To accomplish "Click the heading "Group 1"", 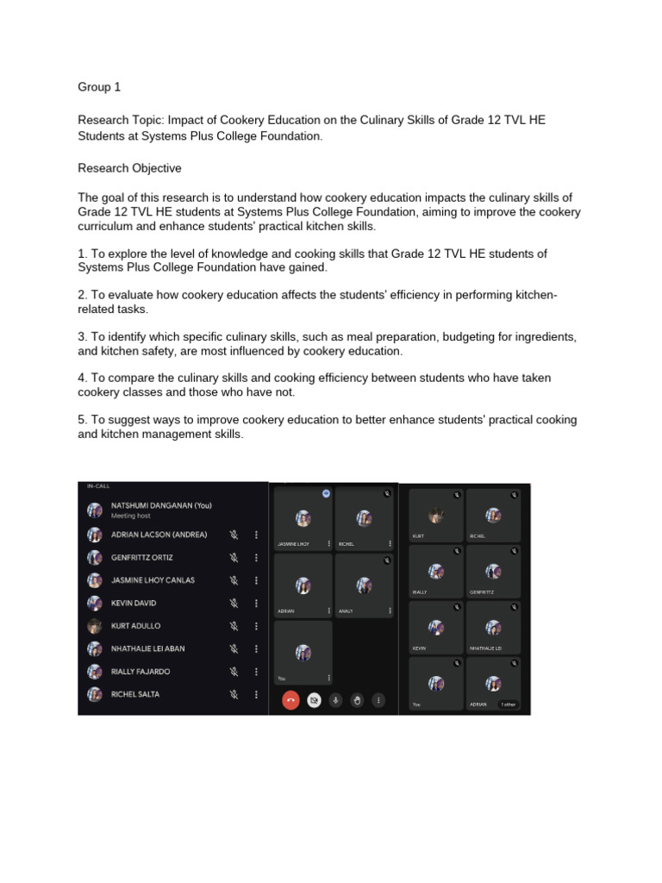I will (94, 87).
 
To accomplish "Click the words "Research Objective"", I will (129, 168).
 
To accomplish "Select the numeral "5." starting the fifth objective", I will (84, 419).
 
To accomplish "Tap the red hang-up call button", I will (290, 700).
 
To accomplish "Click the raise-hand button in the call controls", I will (357, 700).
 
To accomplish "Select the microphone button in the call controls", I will (335, 700).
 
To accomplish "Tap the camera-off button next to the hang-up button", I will (314, 700).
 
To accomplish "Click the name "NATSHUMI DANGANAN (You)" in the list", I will (161, 505).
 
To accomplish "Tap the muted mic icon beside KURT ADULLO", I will (233, 626).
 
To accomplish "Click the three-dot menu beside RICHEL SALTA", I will (256, 694).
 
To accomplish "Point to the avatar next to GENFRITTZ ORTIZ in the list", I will (94, 557).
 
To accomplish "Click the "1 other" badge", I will (507, 704).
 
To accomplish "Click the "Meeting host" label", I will (130, 516).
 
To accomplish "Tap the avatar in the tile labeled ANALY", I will (365, 585).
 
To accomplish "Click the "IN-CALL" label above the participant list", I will (98, 486).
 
